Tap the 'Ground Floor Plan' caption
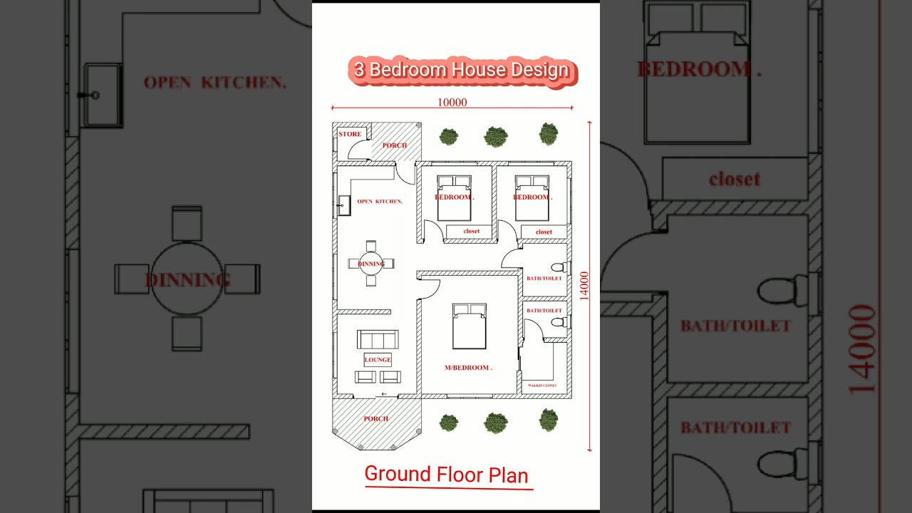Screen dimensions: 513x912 [x=447, y=475]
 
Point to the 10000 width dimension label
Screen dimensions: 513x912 [x=452, y=103]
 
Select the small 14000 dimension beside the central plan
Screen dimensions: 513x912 [x=584, y=286]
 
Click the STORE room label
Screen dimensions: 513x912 [x=350, y=134]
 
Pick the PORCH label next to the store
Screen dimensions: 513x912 [x=394, y=145]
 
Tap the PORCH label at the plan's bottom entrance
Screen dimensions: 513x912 [x=376, y=419]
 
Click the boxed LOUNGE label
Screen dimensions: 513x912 [x=378, y=360]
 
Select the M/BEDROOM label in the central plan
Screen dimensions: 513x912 [x=468, y=368]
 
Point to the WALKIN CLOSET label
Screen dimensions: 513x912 [x=541, y=385]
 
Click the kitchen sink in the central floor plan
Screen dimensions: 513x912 [x=343, y=205]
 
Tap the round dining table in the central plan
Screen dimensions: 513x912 [x=371, y=264]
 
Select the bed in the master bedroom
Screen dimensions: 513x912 [x=470, y=326]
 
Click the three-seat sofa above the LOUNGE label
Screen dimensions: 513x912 [x=378, y=339]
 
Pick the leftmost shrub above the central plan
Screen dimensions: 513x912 [x=448, y=136]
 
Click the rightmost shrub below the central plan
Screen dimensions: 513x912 [x=549, y=420]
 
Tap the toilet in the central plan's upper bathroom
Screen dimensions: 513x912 [x=559, y=267]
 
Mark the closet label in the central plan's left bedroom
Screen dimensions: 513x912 [x=472, y=232]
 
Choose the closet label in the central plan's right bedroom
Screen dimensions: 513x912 [x=544, y=232]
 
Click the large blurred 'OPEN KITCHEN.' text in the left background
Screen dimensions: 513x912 [x=214, y=83]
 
